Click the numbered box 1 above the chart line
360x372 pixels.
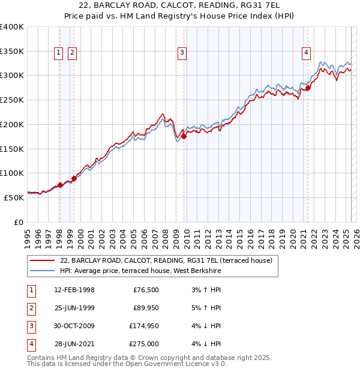point(59,53)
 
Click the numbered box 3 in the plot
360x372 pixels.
point(181,53)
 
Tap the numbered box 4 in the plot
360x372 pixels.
point(306,53)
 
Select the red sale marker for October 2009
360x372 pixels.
point(184,136)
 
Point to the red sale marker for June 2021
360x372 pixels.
point(308,88)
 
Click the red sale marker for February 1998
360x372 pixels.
point(60,185)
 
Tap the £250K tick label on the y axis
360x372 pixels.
point(12,100)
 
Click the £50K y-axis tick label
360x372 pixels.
point(14,197)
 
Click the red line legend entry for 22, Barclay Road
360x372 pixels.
point(166,260)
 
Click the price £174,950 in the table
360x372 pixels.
point(144,326)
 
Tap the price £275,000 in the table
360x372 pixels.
point(144,344)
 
